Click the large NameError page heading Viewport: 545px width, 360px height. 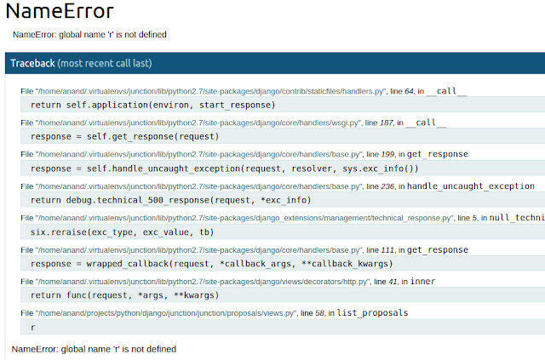pyautogui.click(x=60, y=11)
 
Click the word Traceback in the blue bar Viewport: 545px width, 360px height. pyautogui.click(x=32, y=63)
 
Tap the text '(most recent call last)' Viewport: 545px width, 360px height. pyautogui.click(x=105, y=63)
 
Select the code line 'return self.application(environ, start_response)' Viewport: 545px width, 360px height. pyautogui.click(x=153, y=105)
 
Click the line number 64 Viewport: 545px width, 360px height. pyautogui.click(x=409, y=91)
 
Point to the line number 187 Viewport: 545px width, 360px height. pyautogui.click(x=386, y=123)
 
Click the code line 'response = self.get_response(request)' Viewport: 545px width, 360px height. pyautogui.click(x=125, y=136)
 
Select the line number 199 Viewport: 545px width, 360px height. pyautogui.click(x=387, y=154)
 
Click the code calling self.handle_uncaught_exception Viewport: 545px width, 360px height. pyautogui.click(x=225, y=169)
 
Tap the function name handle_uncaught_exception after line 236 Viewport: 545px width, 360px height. pyautogui.click(x=471, y=186)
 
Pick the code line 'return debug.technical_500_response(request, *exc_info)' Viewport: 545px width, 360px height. pyautogui.click(x=170, y=200)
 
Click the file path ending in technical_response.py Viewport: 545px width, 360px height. pyautogui.click(x=244, y=218)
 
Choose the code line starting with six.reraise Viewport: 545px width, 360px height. pyautogui.click(x=122, y=232)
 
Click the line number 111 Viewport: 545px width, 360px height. pyautogui.click(x=387, y=250)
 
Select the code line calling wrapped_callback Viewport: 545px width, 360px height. pyautogui.click(x=212, y=264)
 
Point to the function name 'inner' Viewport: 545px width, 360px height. pyautogui.click(x=422, y=281)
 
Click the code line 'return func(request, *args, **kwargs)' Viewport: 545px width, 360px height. pyautogui.click(x=125, y=295)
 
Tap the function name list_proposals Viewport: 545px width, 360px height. pyautogui.click(x=373, y=313)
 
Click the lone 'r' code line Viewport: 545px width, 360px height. pyautogui.click(x=33, y=328)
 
